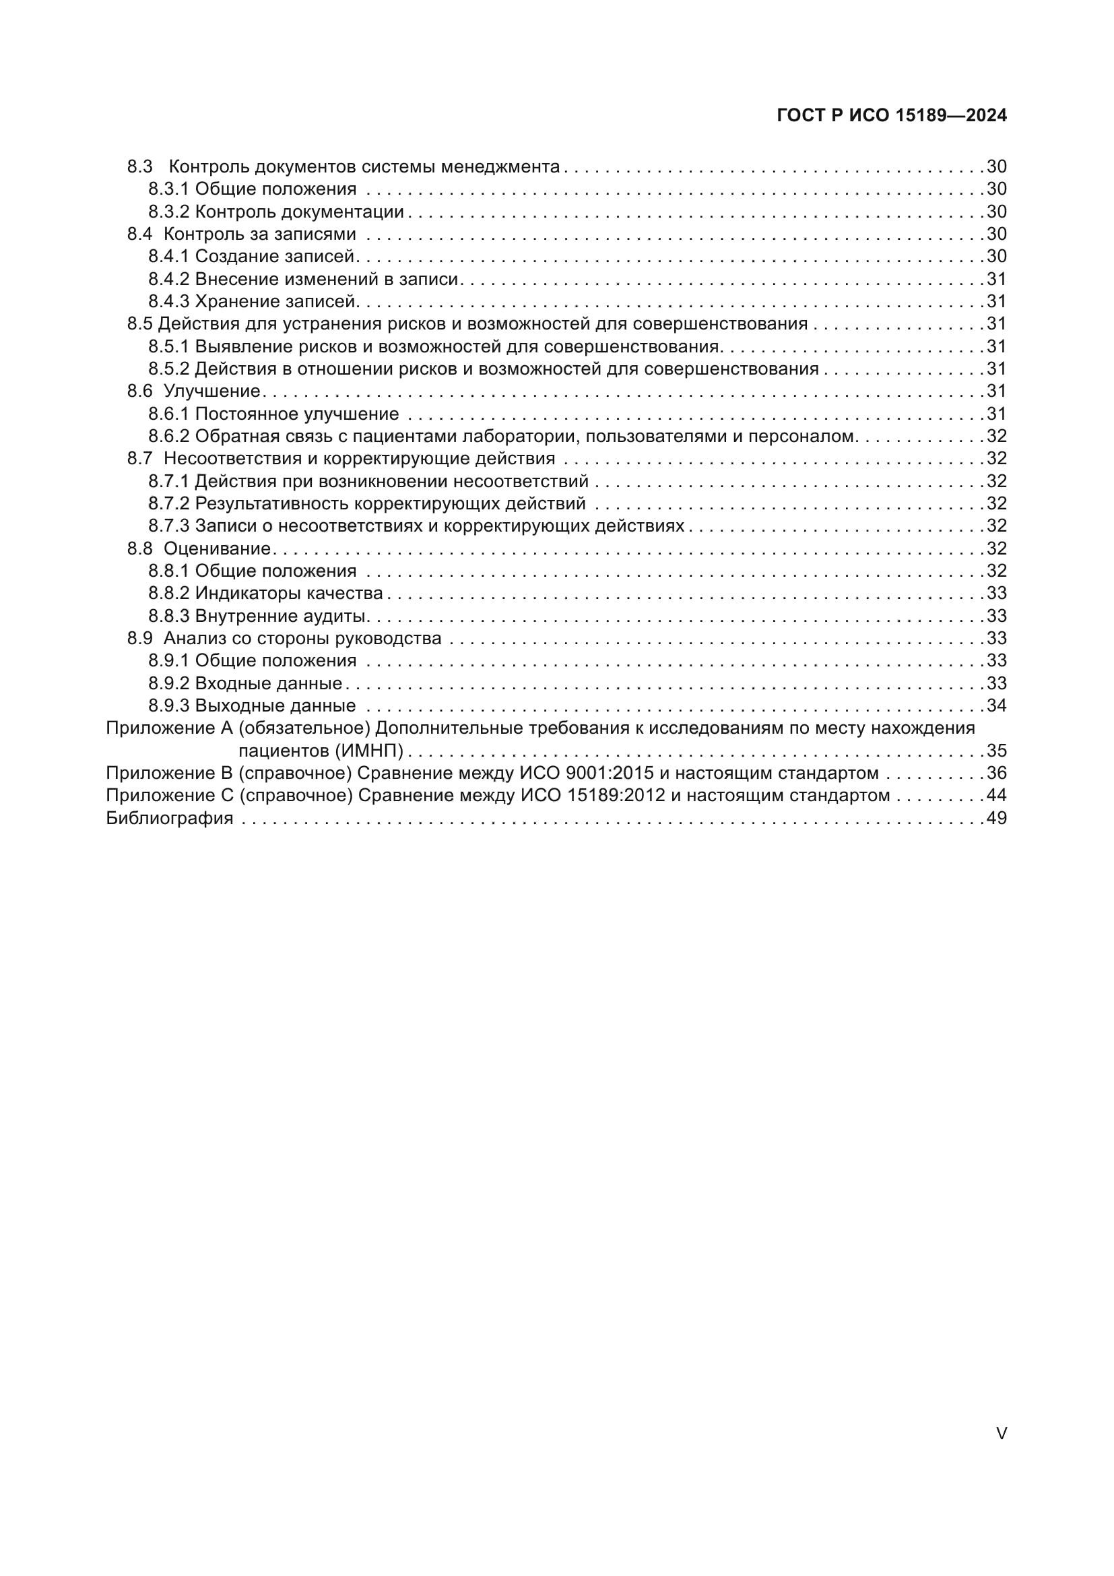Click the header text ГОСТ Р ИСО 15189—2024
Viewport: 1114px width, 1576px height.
(891, 115)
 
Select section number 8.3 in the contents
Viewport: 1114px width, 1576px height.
(139, 167)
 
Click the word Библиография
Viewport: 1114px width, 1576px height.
(170, 818)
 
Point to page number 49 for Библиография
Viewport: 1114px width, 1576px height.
(996, 818)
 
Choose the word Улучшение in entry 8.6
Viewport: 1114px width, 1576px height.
(212, 391)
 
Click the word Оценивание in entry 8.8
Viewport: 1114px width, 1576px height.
(218, 548)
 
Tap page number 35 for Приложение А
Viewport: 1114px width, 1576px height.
(996, 750)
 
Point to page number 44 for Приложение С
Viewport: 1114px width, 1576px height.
(996, 796)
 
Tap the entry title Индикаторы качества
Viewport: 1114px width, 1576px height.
(289, 593)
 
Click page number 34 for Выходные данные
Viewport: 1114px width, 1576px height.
(996, 705)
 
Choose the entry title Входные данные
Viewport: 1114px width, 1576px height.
(268, 684)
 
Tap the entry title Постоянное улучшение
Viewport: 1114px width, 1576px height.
(296, 414)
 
